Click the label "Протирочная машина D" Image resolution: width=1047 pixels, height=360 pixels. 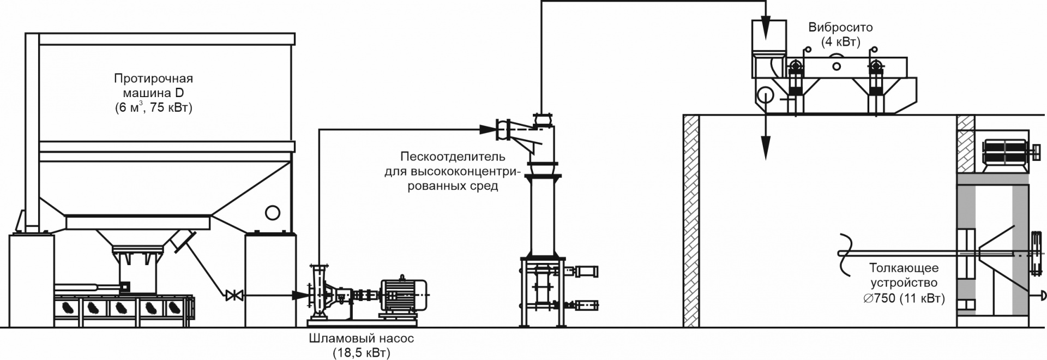(x=153, y=86)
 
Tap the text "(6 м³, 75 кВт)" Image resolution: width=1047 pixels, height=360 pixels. (x=153, y=107)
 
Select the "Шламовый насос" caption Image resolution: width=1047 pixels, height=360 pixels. (x=361, y=338)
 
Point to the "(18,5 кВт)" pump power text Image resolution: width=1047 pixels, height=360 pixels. (x=361, y=353)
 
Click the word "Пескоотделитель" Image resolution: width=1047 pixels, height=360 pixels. (x=453, y=157)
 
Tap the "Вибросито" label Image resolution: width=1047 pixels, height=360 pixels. (x=840, y=27)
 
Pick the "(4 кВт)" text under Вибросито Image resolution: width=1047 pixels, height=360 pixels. (x=840, y=41)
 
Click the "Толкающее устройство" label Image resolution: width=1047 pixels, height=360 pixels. (x=904, y=275)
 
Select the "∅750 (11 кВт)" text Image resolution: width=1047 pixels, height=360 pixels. (x=904, y=298)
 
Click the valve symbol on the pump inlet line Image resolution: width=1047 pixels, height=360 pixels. (x=234, y=296)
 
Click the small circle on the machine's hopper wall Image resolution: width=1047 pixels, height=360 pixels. (x=272, y=212)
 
